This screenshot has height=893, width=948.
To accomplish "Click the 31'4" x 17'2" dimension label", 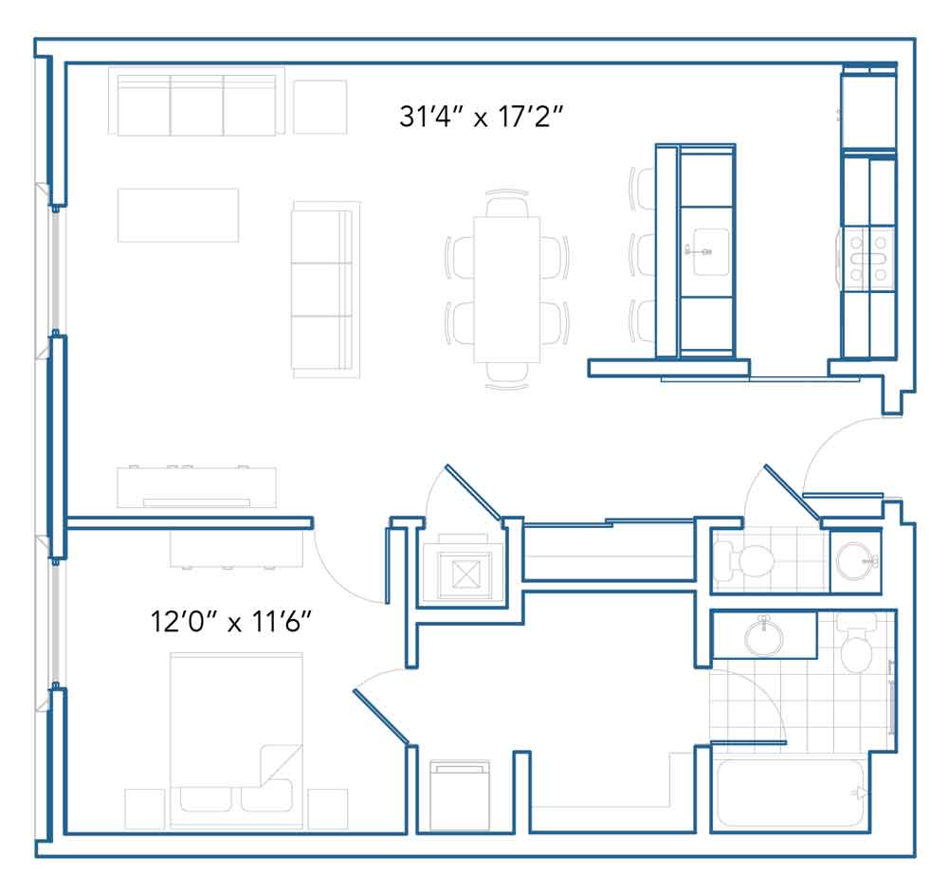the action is (482, 116).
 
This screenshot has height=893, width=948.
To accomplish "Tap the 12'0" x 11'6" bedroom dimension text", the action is (230, 621).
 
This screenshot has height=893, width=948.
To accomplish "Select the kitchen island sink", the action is (710, 251).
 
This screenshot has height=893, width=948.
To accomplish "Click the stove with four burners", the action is (868, 259).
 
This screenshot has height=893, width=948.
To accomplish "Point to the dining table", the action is (506, 289).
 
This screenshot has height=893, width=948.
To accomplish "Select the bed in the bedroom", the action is (236, 740).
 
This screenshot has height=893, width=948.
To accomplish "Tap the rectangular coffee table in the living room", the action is (178, 215).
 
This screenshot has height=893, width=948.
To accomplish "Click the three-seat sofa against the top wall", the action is (196, 101).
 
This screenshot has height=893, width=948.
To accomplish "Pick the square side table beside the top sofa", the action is (319, 107).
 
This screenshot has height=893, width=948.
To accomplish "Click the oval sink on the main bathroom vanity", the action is (763, 636).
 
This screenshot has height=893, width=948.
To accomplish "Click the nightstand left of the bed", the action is (144, 809).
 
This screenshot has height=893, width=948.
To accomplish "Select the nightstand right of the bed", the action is (328, 809).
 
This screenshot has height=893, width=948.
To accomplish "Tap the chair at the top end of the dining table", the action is (506, 203).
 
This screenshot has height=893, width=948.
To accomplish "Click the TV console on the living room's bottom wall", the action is (196, 487).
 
